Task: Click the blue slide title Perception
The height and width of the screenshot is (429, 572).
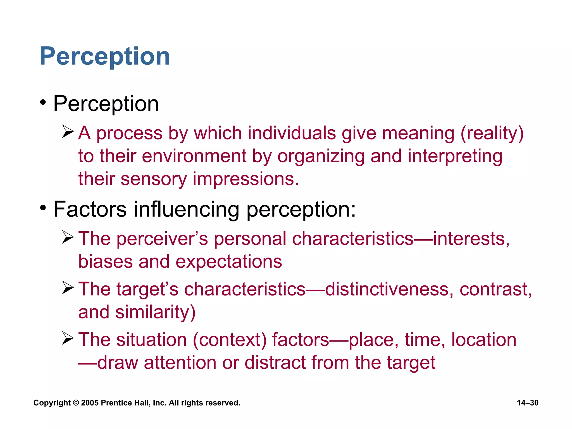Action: (x=105, y=56)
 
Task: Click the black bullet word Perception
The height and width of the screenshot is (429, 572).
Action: (x=106, y=104)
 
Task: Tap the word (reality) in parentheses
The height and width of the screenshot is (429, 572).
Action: (x=492, y=133)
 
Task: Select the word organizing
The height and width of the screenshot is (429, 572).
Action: (x=321, y=156)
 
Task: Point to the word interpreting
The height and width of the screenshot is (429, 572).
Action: (x=455, y=156)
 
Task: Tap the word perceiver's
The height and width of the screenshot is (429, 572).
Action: (x=162, y=239)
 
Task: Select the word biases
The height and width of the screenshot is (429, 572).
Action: (x=105, y=262)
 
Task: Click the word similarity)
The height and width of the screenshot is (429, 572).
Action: (x=155, y=312)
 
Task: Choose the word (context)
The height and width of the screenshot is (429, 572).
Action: (x=230, y=340)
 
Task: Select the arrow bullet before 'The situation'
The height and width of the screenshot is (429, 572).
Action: (x=68, y=338)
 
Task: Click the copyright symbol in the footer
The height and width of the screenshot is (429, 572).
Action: (x=76, y=403)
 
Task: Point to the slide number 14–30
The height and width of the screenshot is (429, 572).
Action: (x=527, y=403)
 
